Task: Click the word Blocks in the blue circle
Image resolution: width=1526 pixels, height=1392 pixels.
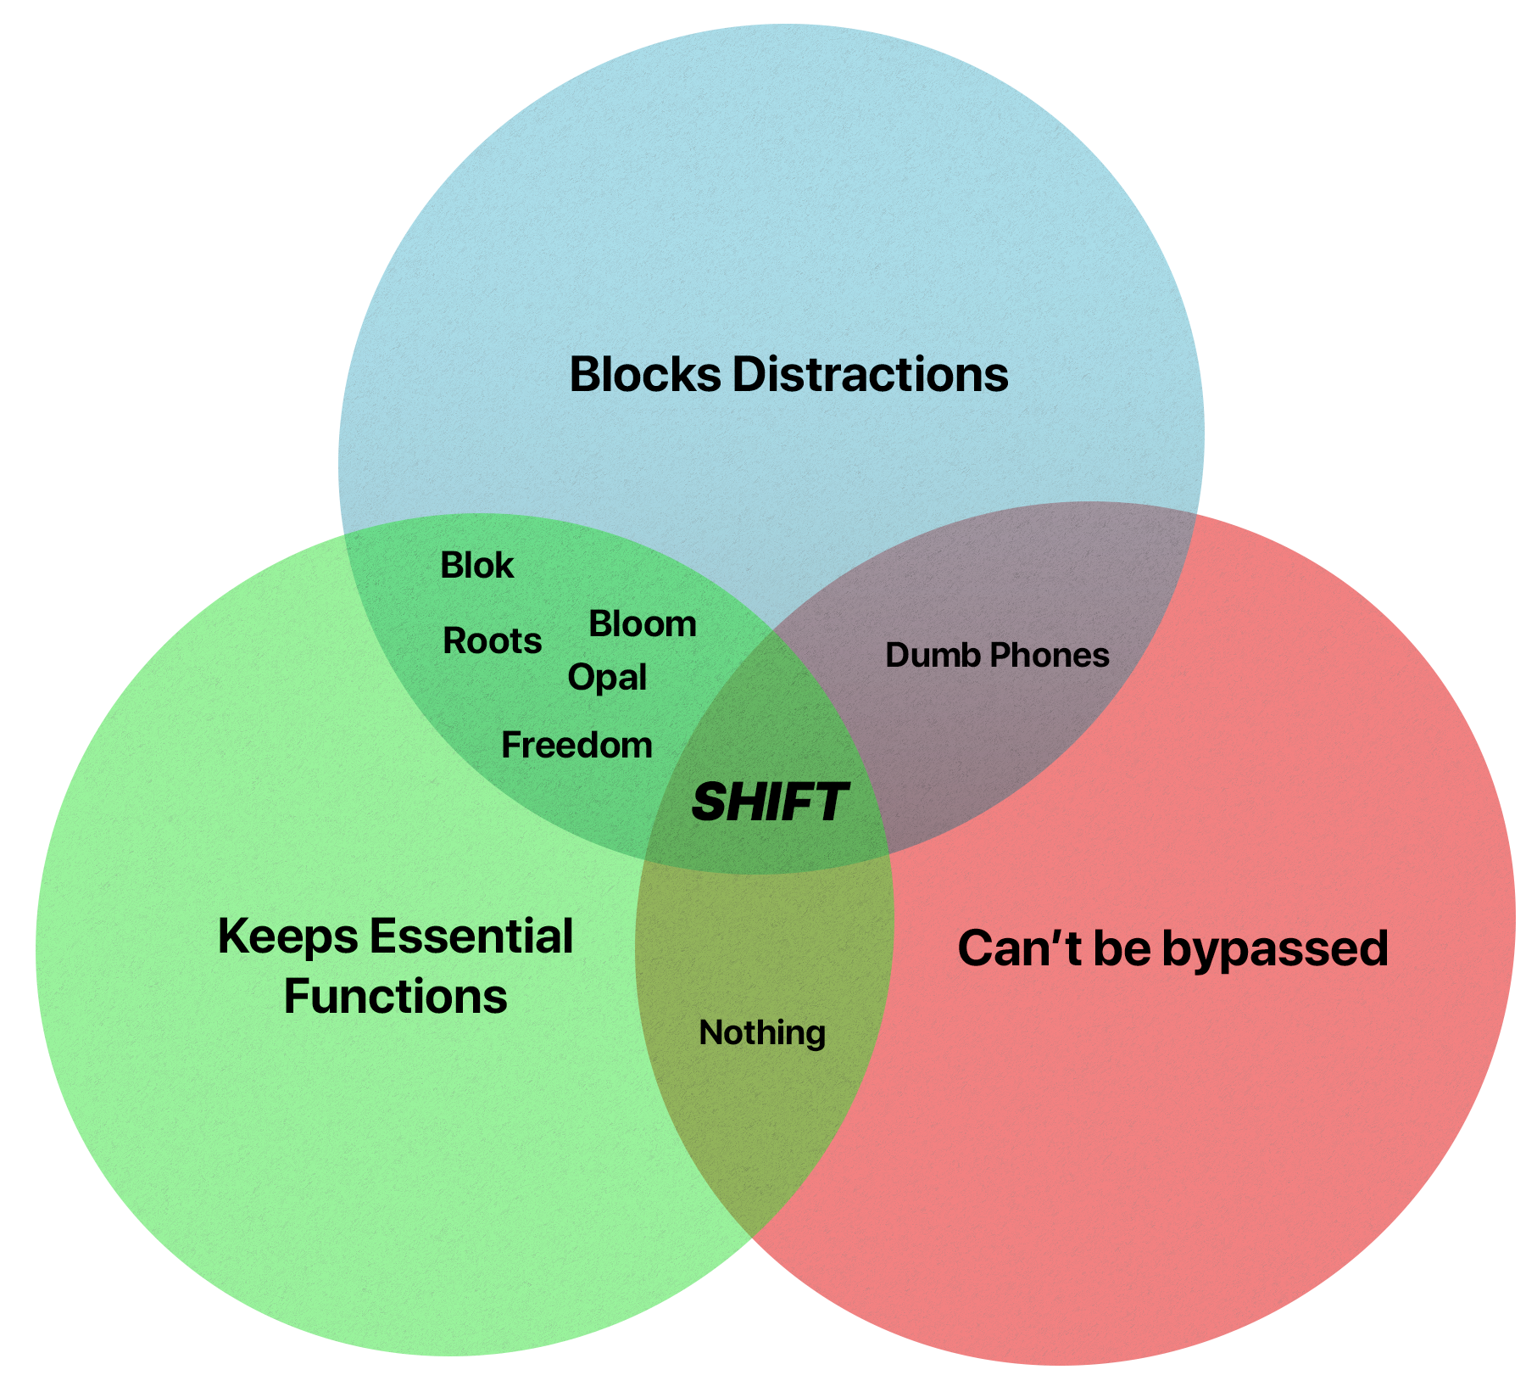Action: (644, 374)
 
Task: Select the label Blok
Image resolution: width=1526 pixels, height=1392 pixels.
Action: (476, 566)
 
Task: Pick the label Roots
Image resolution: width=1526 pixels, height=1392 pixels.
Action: (492, 641)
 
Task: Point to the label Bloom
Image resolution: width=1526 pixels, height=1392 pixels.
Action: (642, 624)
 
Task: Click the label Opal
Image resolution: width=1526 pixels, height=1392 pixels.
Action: (607, 678)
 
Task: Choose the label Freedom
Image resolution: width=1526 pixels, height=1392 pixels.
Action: (576, 746)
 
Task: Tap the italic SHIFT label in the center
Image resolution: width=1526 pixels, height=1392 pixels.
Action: (769, 802)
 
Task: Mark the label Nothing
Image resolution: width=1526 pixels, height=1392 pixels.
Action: (762, 1033)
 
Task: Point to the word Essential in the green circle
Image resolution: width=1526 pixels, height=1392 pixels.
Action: (471, 936)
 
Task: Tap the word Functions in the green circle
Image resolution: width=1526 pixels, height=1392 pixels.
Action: (395, 997)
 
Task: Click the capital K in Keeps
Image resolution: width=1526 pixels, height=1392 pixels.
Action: (231, 937)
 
